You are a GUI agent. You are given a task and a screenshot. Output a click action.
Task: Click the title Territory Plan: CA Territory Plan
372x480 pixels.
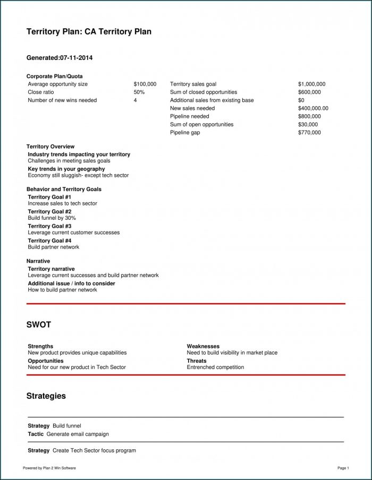click(89, 32)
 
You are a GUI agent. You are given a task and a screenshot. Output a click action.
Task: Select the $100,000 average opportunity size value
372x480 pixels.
click(145, 84)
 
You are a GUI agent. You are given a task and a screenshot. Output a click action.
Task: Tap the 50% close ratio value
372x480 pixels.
click(139, 92)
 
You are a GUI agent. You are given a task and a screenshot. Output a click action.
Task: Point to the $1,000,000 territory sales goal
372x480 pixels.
click(312, 84)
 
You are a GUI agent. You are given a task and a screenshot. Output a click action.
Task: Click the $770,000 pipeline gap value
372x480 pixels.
click(309, 132)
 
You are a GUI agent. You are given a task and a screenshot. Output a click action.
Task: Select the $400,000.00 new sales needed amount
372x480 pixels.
click(314, 108)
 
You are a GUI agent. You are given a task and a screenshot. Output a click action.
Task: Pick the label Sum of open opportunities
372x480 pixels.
click(201, 124)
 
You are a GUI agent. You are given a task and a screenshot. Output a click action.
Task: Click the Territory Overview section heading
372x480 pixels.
click(50, 147)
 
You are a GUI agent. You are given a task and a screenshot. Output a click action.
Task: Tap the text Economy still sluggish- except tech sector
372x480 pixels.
click(78, 175)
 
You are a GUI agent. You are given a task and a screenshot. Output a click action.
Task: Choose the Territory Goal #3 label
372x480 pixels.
click(49, 226)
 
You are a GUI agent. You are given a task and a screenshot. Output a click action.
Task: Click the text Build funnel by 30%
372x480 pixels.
click(52, 218)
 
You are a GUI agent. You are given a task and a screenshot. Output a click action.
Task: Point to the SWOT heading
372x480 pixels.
click(39, 324)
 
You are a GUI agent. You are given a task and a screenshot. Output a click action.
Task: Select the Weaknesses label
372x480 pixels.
click(203, 346)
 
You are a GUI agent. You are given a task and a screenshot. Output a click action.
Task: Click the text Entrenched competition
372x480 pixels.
click(215, 367)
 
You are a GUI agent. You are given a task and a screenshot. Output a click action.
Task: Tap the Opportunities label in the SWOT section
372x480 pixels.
click(46, 361)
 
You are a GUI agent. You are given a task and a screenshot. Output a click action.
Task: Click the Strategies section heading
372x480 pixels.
click(46, 396)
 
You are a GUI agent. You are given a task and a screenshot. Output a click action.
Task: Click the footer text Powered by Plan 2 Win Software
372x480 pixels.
click(49, 468)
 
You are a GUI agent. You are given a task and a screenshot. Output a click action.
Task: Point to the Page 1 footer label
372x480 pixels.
click(343, 468)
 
